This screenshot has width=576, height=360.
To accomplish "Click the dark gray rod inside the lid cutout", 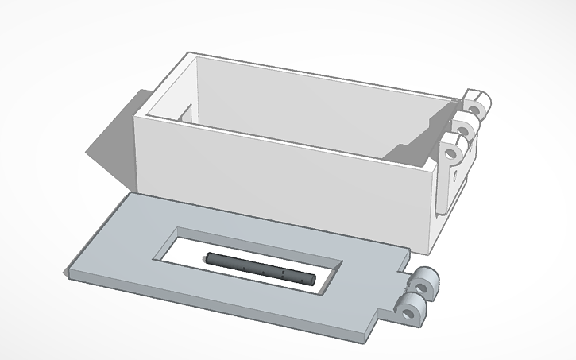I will click(x=259, y=268).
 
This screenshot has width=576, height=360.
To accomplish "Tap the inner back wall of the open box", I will click(x=318, y=103).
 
